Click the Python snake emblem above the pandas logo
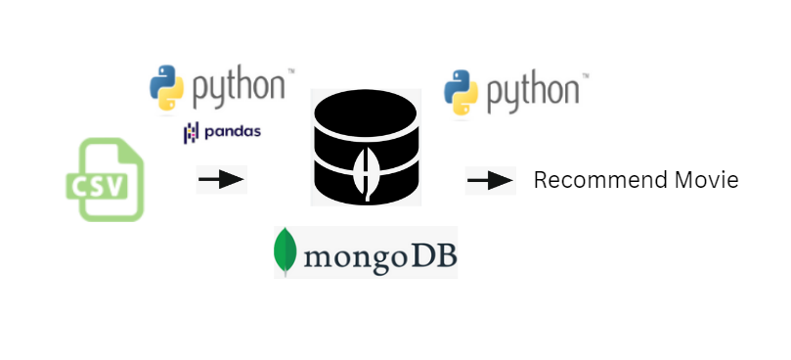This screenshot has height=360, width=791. [x=166, y=87]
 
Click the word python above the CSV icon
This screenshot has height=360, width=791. [x=237, y=88]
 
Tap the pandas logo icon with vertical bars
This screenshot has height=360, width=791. [x=191, y=132]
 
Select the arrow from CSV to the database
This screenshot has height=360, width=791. [x=221, y=180]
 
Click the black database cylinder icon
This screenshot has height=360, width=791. [x=366, y=147]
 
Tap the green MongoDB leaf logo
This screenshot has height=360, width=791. [x=286, y=252]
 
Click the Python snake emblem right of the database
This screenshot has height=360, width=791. [x=461, y=91]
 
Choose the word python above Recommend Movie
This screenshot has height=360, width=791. [x=533, y=92]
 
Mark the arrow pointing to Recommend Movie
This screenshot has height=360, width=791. [x=490, y=181]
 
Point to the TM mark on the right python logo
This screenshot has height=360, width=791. [x=585, y=73]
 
